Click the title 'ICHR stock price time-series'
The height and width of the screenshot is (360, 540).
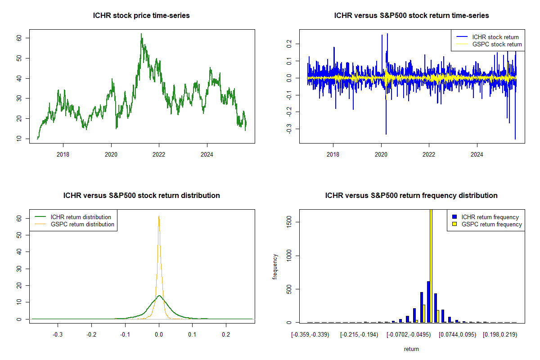(x=141, y=16)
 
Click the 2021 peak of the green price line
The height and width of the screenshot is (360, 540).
(x=141, y=34)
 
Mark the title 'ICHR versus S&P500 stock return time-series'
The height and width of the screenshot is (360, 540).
(x=411, y=16)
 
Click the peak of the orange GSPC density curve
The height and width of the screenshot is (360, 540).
(x=159, y=216)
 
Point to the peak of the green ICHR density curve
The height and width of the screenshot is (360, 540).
(x=159, y=296)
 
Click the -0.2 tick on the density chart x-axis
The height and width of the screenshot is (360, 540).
(x=91, y=335)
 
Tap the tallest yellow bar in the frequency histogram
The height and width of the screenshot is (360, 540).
(x=431, y=265)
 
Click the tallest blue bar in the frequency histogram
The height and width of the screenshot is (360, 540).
(x=428, y=301)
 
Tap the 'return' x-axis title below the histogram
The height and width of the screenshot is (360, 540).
(x=411, y=349)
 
